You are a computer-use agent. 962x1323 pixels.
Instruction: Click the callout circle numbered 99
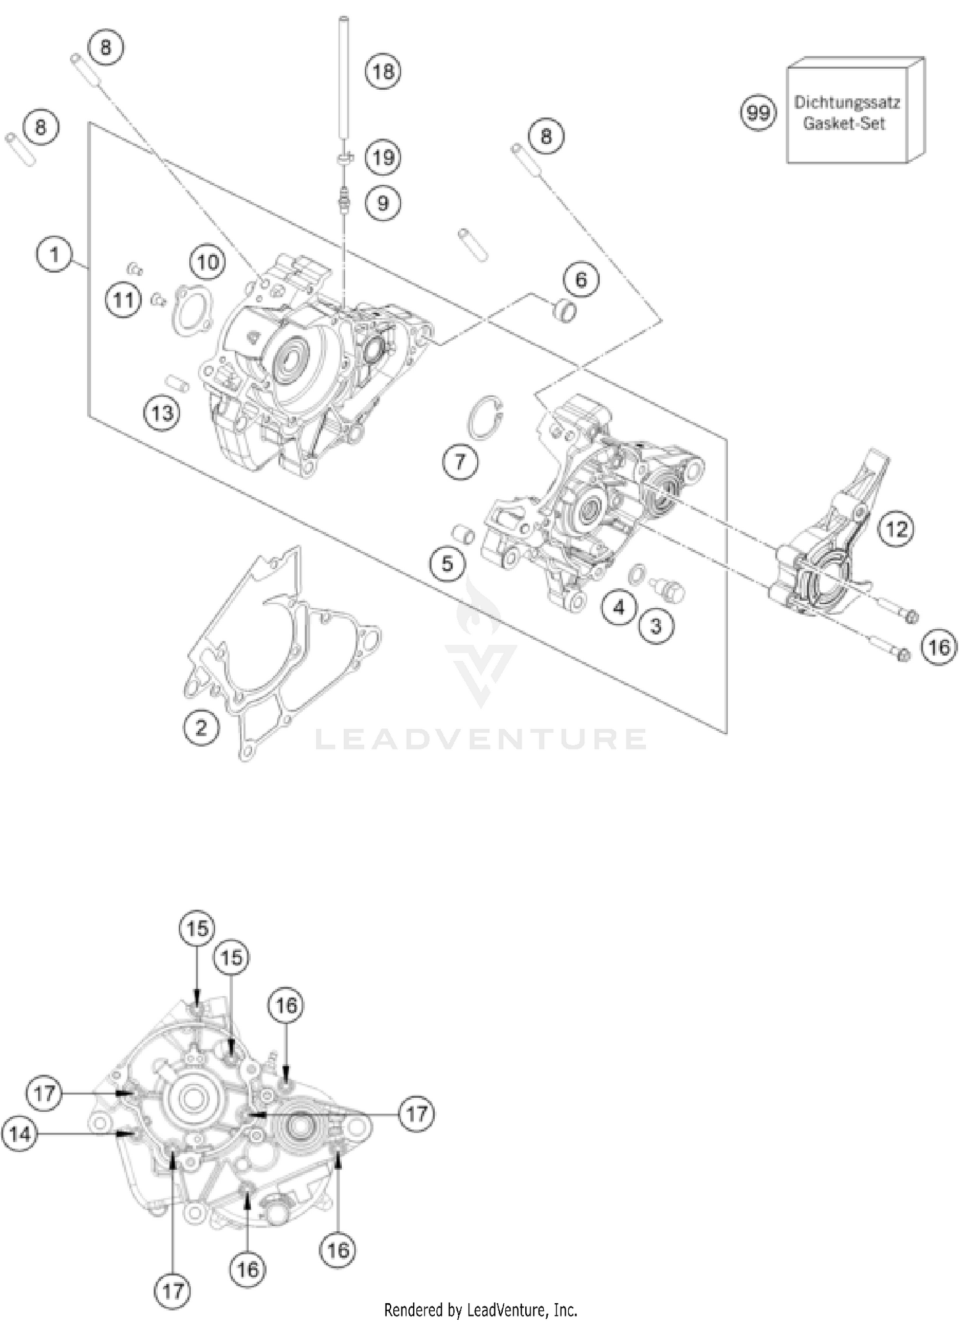(758, 114)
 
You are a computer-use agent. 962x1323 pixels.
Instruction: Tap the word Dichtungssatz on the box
(847, 103)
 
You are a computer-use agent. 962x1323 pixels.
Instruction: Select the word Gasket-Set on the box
(844, 124)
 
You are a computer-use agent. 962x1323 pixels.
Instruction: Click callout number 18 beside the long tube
(383, 71)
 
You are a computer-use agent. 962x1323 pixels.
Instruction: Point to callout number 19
(383, 157)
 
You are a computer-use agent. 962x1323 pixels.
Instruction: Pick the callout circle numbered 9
(383, 203)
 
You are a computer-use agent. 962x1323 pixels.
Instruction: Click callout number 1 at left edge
(55, 255)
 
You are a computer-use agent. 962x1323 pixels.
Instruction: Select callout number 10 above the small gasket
(208, 262)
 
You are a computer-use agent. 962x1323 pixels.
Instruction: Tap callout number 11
(124, 300)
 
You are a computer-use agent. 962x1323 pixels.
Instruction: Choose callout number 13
(162, 413)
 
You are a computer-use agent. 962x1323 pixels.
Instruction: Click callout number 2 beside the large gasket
(201, 728)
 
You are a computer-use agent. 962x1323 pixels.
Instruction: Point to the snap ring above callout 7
(486, 418)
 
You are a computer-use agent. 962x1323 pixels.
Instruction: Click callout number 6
(580, 280)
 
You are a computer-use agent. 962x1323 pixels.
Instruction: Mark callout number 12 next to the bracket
(896, 529)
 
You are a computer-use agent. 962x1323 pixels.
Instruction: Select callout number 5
(447, 563)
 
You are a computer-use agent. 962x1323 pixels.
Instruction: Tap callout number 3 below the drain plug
(655, 626)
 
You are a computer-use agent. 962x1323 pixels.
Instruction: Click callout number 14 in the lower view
(20, 1134)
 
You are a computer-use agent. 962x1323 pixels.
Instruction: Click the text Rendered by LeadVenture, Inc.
(481, 1310)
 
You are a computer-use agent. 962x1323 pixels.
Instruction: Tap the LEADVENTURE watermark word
(481, 739)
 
